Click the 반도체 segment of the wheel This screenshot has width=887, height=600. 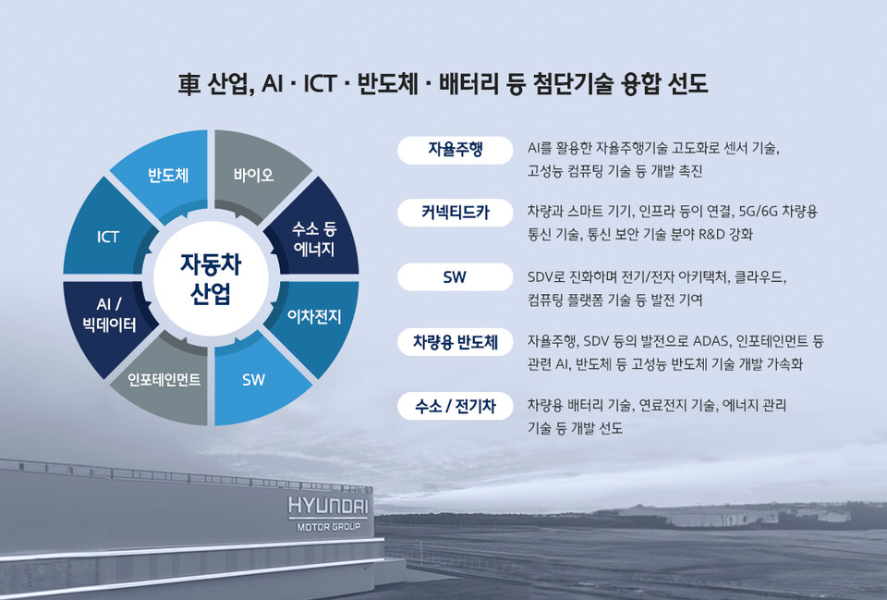point(168,175)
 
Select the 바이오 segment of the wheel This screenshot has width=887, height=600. point(253,175)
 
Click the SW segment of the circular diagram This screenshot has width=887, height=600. point(253,380)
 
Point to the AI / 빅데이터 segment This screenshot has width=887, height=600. point(110,315)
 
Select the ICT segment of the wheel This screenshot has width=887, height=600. point(108,237)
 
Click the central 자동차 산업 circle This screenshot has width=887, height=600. point(211,278)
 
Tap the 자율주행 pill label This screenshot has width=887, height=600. point(455,149)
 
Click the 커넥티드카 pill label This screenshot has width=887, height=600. point(455,213)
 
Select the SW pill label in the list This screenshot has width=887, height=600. point(455,276)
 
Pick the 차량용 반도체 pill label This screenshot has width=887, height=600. point(455,341)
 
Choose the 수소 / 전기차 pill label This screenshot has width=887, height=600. point(455,405)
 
